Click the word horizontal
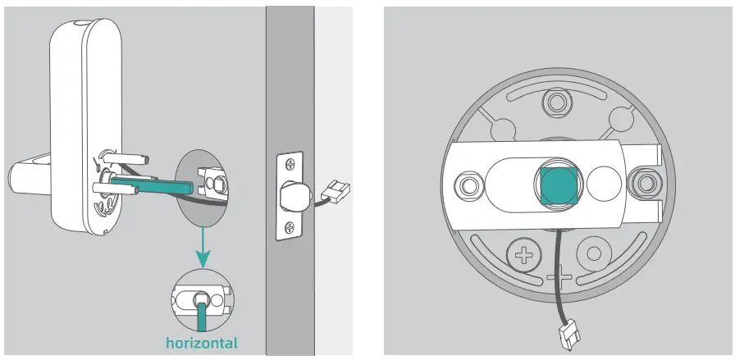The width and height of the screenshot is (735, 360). tap(202, 342)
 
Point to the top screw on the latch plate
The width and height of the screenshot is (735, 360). tap(290, 162)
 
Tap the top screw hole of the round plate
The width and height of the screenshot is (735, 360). tap(559, 103)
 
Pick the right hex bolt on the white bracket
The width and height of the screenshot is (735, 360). tap(646, 180)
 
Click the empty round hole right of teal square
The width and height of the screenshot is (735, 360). tap(606, 180)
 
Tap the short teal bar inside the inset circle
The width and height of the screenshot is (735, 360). tap(202, 311)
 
